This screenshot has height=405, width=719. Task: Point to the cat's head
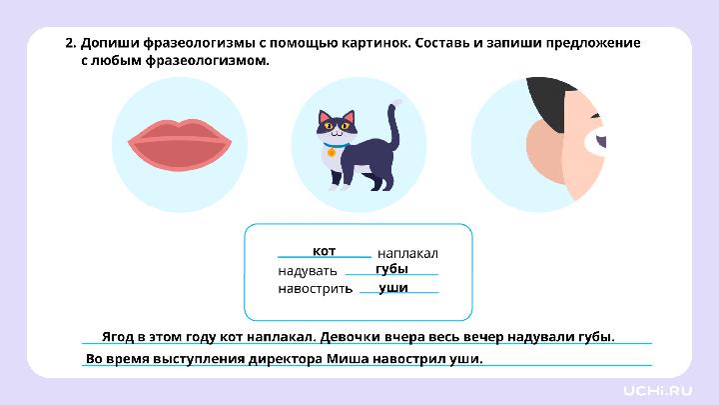[x=337, y=125]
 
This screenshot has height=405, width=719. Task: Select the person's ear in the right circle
[x=546, y=150]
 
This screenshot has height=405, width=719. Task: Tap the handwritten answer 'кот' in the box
[x=324, y=250]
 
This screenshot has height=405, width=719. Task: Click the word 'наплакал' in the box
[x=407, y=254]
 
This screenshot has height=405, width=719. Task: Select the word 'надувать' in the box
[x=307, y=271]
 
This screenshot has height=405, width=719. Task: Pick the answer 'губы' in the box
[x=391, y=269]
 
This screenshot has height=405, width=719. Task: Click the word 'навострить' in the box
[x=315, y=289]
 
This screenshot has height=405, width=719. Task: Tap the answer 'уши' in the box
[x=393, y=287]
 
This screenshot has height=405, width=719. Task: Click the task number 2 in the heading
[x=69, y=44]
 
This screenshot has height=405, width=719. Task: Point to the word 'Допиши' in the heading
[x=107, y=44]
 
